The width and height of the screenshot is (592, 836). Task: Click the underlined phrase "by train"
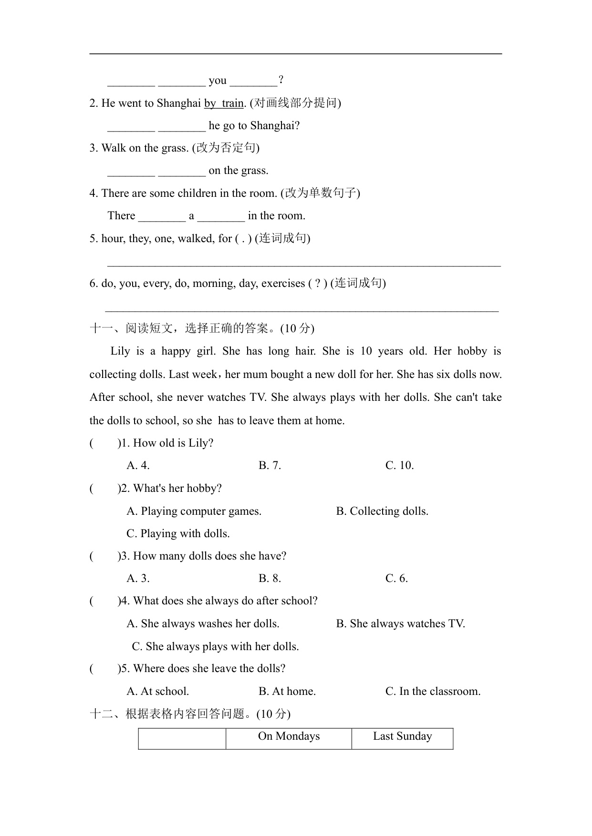(224, 103)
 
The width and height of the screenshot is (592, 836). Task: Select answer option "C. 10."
(399, 466)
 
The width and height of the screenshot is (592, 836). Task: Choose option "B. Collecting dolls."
(382, 511)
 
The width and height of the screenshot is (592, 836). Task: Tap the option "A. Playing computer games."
(194, 511)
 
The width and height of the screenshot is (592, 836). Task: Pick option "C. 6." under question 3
(396, 579)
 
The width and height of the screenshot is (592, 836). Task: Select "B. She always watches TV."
(400, 624)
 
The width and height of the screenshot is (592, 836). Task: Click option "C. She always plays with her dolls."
(215, 647)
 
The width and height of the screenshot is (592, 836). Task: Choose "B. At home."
(287, 692)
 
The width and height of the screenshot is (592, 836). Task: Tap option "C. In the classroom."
(433, 692)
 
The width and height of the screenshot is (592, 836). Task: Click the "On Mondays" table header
(289, 736)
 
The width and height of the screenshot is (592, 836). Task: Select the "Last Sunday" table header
(402, 736)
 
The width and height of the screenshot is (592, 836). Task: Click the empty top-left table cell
(182, 738)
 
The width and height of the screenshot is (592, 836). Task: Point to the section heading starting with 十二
(190, 714)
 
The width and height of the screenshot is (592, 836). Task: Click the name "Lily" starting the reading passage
(120, 352)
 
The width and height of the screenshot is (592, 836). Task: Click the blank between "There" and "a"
(162, 216)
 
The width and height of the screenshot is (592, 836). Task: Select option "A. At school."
(157, 692)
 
